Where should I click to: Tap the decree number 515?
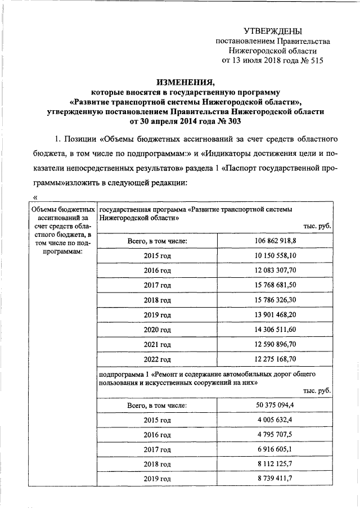click(x=316, y=60)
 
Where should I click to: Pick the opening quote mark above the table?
click(x=36, y=197)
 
